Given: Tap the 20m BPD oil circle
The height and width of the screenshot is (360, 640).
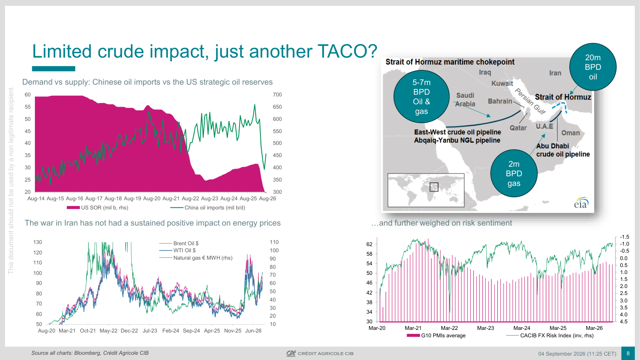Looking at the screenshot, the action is (592, 67).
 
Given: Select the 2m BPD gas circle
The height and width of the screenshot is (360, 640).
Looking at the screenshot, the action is (514, 173).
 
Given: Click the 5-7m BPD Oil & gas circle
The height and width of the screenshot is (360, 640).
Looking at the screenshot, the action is (421, 96).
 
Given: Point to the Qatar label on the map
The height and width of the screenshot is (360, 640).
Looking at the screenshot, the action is (518, 128).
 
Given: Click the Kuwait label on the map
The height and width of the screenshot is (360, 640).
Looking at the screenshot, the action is (502, 83).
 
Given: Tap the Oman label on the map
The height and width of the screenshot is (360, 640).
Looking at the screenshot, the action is (570, 133).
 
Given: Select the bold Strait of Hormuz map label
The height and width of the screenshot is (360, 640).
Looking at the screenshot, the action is (563, 97).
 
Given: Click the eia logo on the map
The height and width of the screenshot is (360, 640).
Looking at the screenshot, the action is (581, 202).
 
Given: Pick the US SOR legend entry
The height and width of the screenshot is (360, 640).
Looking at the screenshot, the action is (97, 208).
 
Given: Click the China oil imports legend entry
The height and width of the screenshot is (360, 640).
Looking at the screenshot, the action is (208, 208).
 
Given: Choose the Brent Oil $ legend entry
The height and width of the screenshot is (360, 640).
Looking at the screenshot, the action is (179, 243).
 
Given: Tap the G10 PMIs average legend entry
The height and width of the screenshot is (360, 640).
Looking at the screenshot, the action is (436, 336).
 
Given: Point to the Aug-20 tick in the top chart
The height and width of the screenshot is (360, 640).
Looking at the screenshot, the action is (152, 199).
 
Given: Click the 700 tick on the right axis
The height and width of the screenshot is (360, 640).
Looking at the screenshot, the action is (277, 95).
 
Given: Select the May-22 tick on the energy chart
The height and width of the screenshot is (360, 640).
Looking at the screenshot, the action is (109, 331).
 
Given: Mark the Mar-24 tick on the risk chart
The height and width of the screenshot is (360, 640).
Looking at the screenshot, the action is (522, 328).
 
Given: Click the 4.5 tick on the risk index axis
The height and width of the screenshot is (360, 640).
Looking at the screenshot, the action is (624, 322).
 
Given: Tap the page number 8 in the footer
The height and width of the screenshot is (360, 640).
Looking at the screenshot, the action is (628, 353).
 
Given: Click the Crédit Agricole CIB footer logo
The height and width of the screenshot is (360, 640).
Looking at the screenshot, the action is (320, 353).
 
